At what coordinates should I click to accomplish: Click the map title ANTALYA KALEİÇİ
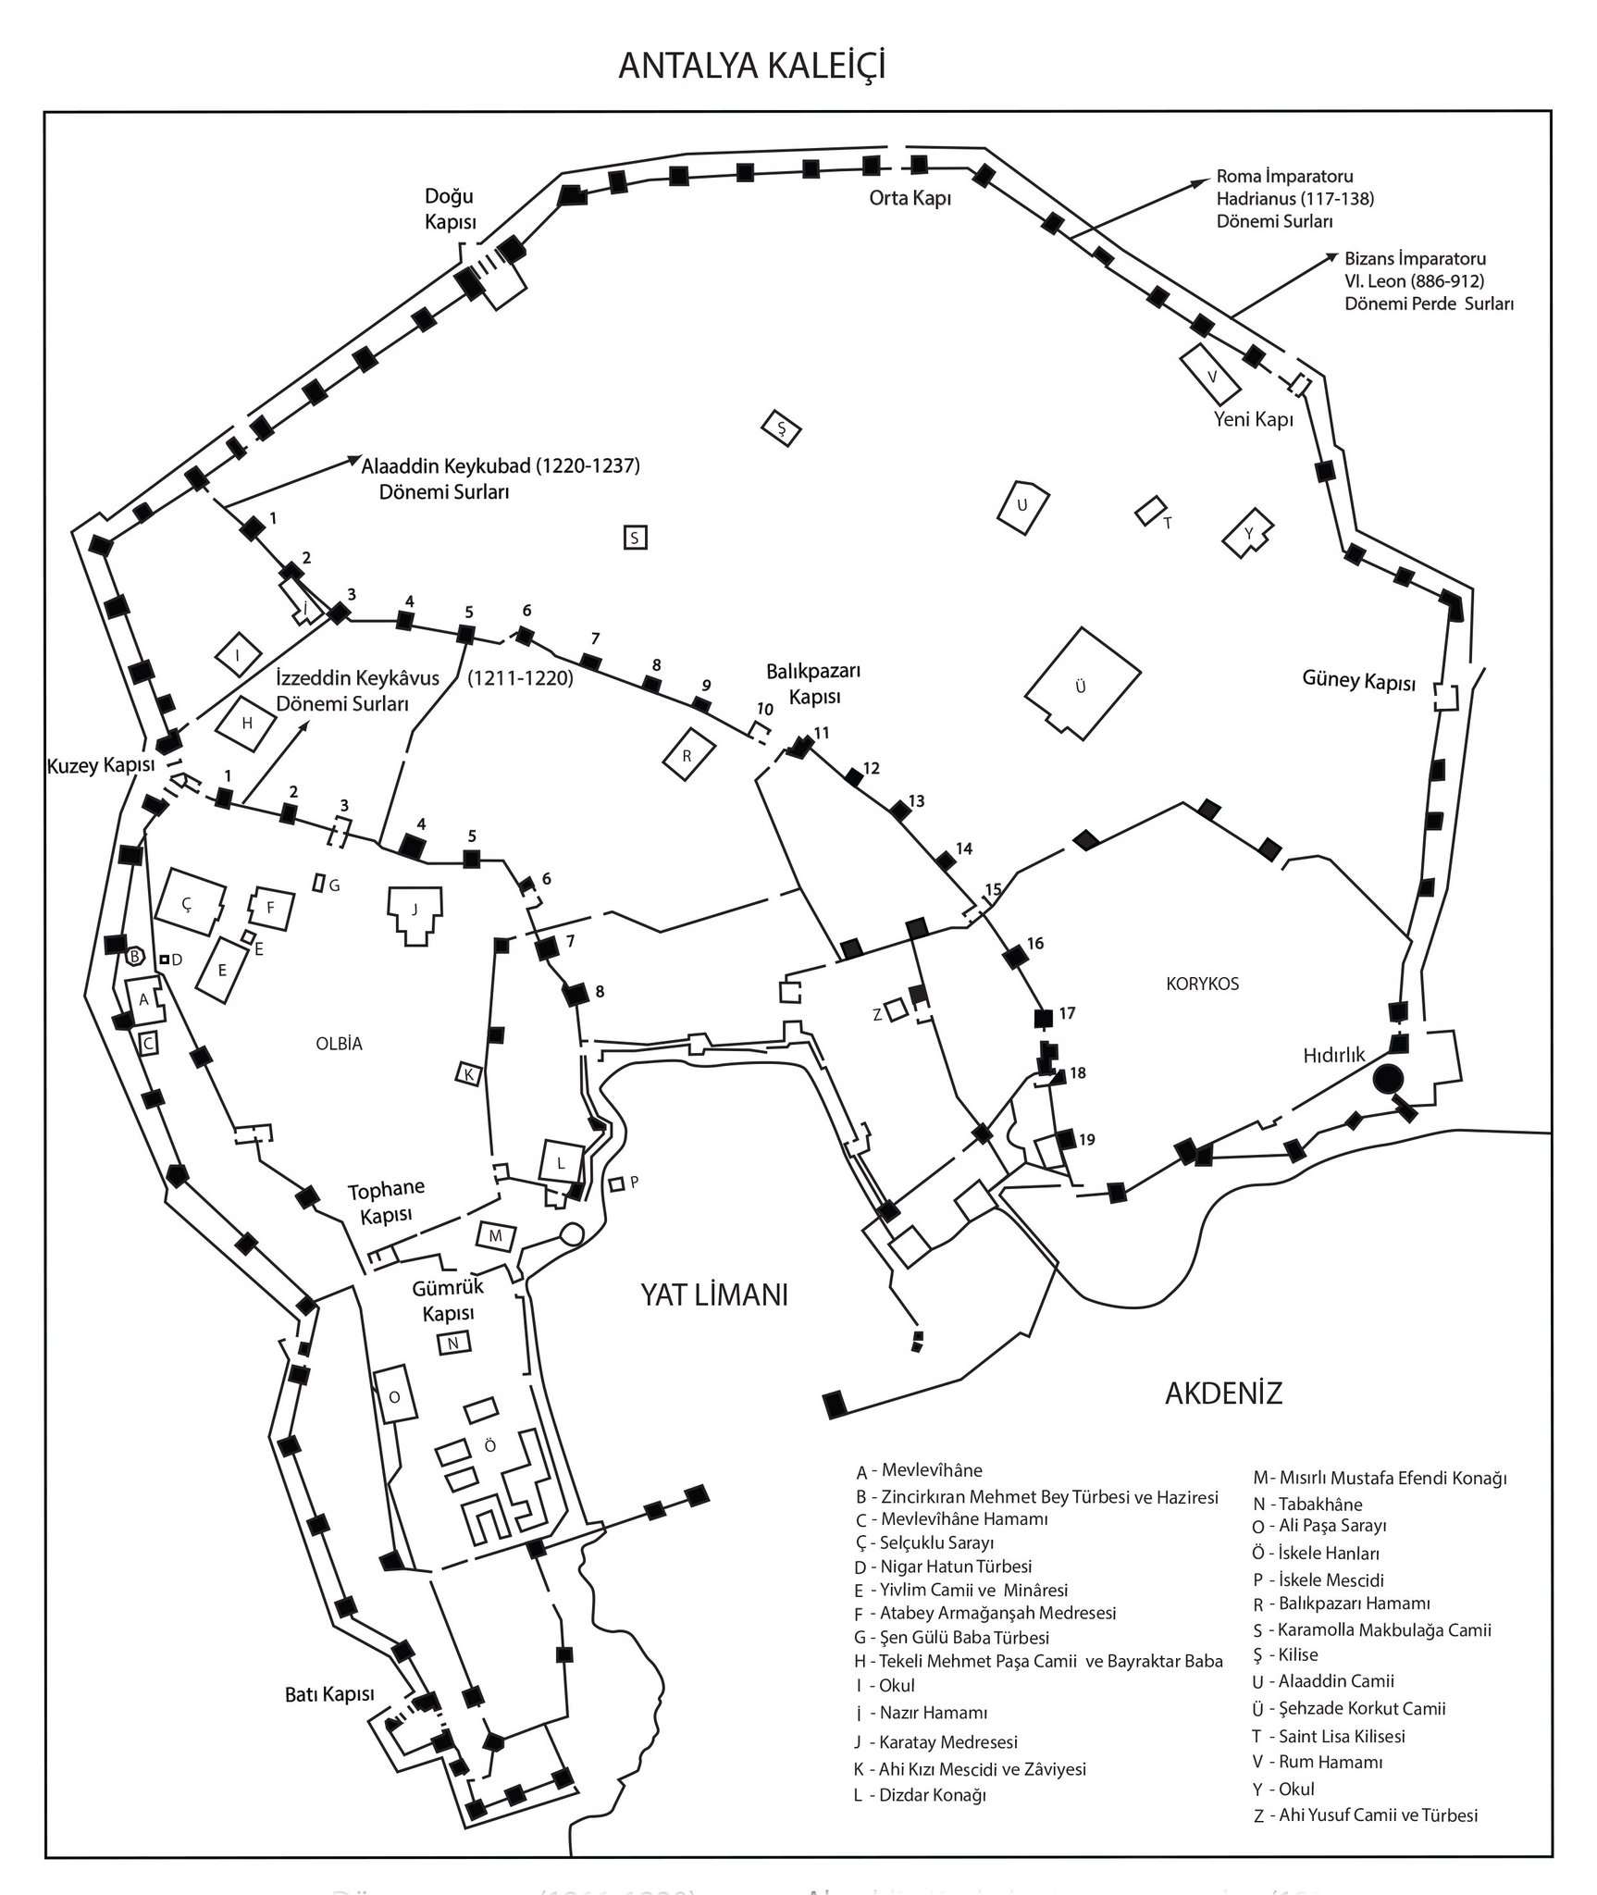[751, 67]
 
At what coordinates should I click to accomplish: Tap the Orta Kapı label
[910, 198]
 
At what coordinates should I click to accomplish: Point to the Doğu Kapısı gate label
[450, 209]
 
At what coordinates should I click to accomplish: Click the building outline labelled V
[1211, 377]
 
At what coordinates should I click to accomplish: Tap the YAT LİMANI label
[714, 1294]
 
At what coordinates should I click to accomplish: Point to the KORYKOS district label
[1202, 984]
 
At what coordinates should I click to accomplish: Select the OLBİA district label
[338, 1044]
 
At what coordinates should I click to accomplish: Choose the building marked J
[415, 911]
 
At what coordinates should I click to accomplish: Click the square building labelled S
[634, 538]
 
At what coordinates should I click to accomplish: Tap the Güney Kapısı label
[1359, 682]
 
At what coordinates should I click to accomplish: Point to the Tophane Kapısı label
[386, 1201]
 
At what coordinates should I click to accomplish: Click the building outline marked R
[688, 755]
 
